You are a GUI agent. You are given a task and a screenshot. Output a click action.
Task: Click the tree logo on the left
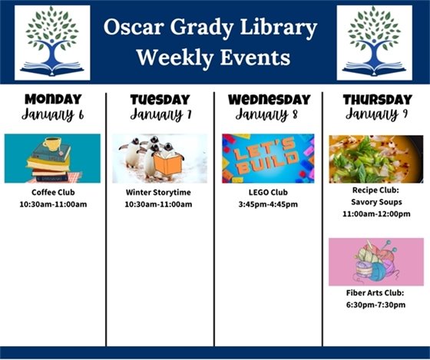[52, 42]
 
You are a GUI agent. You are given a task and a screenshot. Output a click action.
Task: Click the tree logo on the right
[375, 42]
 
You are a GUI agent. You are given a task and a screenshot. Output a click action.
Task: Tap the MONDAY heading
[52, 99]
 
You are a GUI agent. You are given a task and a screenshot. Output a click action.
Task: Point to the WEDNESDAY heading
[268, 99]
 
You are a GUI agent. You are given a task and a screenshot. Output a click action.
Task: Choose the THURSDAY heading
[376, 99]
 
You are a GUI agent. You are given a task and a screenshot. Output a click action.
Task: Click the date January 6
[52, 115]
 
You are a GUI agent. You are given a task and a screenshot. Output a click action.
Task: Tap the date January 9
[376, 115]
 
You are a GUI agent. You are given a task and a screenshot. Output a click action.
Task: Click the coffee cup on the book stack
[51, 144]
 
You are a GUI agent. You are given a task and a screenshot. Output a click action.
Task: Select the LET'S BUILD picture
[268, 158]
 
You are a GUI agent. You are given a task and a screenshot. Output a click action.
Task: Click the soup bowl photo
[375, 158]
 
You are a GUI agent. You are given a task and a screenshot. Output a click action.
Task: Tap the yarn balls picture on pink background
[375, 262]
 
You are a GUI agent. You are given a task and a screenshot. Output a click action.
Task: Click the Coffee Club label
[52, 192]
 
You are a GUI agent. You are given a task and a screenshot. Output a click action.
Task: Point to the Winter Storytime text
[159, 192]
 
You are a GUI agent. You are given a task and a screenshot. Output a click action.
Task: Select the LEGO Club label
[268, 192]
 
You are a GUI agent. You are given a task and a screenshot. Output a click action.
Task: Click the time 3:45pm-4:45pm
[268, 204]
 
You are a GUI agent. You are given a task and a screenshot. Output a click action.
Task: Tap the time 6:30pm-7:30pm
[375, 305]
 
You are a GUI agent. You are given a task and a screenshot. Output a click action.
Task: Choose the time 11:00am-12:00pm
[375, 214]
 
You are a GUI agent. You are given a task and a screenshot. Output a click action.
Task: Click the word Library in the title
[279, 29]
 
